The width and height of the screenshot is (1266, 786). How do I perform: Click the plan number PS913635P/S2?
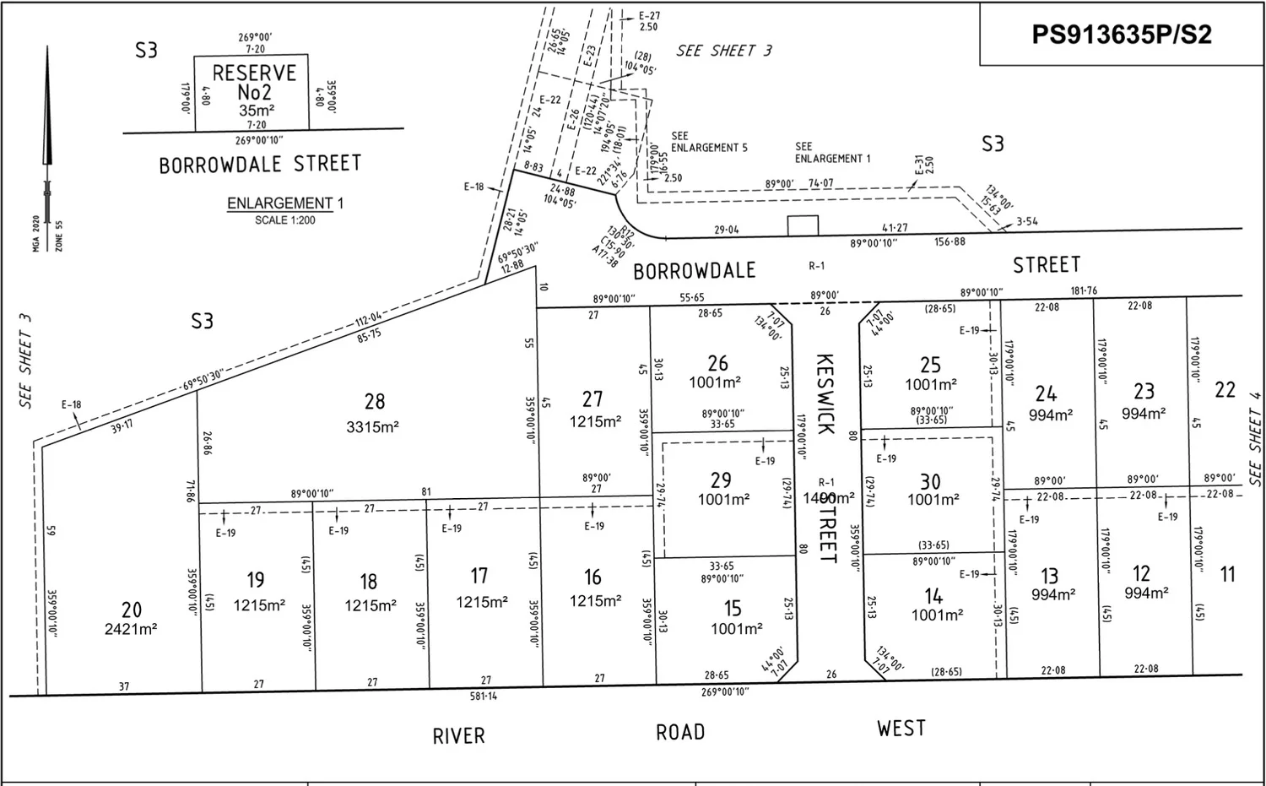coord(1122,34)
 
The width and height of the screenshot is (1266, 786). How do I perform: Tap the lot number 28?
coord(375,402)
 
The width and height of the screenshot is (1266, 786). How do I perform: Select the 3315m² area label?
coord(372,427)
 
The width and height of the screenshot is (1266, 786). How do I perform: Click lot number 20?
coord(132,610)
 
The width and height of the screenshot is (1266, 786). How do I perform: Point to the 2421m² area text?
coord(131,629)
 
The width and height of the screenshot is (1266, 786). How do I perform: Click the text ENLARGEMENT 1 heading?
coord(285,203)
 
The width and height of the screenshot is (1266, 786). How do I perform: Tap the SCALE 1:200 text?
coord(285,220)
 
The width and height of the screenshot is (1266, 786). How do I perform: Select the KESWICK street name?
coord(825,394)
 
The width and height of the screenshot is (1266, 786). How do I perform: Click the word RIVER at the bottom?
coord(459,736)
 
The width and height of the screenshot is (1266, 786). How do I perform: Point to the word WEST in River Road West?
coord(901,729)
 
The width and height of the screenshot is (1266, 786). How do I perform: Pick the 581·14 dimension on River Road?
coord(484,697)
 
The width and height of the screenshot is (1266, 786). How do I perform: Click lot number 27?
coord(592,398)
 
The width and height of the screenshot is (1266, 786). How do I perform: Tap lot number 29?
coord(721,480)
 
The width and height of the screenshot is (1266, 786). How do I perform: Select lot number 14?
coord(933,595)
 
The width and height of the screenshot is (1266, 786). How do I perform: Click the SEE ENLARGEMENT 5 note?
coord(709,142)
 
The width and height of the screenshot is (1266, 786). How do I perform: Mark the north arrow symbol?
coord(47,127)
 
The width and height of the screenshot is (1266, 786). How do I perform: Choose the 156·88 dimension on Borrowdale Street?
coord(949,242)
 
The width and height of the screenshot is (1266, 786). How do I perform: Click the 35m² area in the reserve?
coord(257,111)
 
